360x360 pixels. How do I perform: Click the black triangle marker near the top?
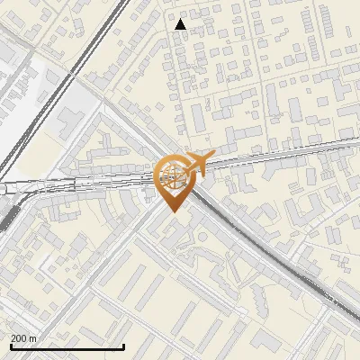point(181,24)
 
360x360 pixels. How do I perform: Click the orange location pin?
point(171,180)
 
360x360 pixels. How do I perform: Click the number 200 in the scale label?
point(20,338)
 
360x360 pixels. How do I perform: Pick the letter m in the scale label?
point(34,338)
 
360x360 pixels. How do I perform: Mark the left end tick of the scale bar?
point(11,346)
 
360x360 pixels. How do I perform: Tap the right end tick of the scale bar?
point(123,346)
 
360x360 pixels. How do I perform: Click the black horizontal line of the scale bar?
point(67,346)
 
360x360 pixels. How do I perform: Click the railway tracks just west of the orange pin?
point(108,185)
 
